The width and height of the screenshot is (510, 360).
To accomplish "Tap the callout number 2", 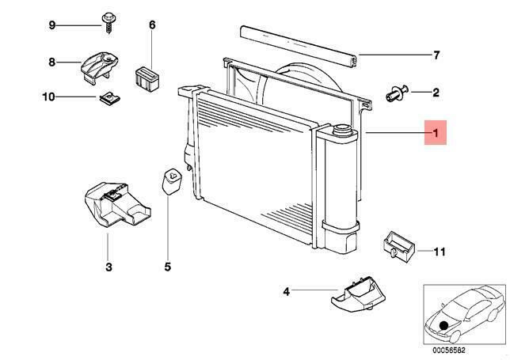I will coord(436,93).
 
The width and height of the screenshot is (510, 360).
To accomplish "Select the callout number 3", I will coord(108,267).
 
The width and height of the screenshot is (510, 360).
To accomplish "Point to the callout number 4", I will coord(287,292).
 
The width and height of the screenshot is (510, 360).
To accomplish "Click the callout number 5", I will coord(168,267).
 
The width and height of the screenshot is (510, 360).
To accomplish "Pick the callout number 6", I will coord(152,25).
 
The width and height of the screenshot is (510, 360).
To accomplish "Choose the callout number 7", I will coord(436,55).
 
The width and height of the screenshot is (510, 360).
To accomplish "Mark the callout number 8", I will coord(51,62).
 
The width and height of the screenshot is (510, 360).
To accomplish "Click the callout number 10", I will coord(48,97).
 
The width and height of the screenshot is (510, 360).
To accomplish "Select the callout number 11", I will coord(440,252).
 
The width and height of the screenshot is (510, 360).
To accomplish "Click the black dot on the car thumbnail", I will coord(443,324).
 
